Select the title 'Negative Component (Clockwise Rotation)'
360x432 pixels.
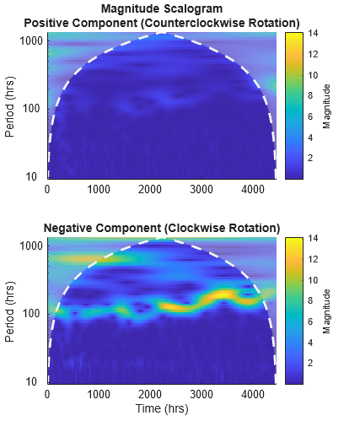(x=161, y=228)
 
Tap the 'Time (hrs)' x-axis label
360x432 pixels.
(x=161, y=408)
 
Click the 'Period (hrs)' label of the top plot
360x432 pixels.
(x=10, y=106)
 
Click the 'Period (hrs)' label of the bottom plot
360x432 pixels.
(x=10, y=311)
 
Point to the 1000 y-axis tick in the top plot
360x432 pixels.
(x=32, y=40)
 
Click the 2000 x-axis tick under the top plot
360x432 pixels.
(x=149, y=190)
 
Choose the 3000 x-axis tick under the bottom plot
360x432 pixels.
(x=201, y=394)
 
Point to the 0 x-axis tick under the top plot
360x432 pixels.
(x=47, y=190)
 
